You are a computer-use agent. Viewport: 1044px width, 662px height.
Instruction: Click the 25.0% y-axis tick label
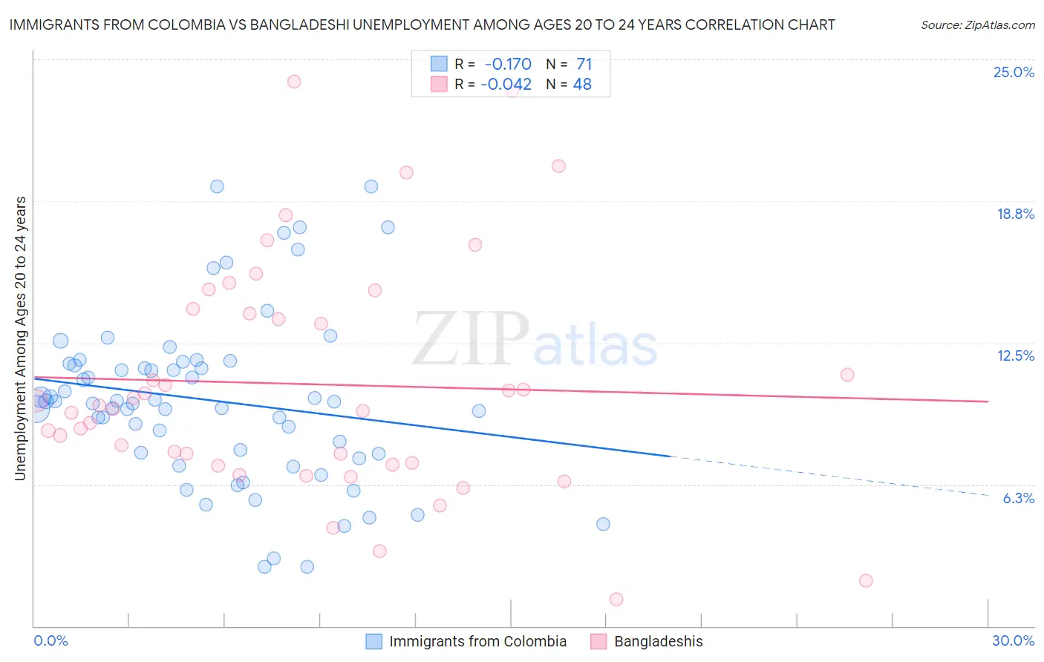coord(1014,72)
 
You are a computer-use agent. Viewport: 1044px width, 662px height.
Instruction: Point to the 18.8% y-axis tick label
coord(1015,214)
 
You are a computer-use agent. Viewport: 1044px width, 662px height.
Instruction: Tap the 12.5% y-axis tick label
coord(1015,355)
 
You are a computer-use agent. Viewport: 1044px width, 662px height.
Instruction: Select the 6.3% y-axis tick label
coord(1018,498)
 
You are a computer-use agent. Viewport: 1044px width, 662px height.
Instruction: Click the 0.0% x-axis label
coord(50,640)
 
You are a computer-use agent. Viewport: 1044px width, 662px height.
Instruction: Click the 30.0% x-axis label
coord(1013,640)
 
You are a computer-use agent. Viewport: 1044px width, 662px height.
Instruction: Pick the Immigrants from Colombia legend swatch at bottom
coord(374,641)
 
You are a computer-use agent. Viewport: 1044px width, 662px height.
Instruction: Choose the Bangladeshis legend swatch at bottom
coord(599,641)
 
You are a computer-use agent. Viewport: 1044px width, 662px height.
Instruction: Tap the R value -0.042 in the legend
coord(506,85)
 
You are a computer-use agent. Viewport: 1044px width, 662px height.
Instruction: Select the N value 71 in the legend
coord(584,65)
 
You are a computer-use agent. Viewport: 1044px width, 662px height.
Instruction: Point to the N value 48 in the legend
coord(582,85)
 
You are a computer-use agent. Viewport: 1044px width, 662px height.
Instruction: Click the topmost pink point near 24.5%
coord(294,82)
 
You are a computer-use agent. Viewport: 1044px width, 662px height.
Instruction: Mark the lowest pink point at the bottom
coord(616,599)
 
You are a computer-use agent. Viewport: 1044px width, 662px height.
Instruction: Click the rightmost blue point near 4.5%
coord(603,524)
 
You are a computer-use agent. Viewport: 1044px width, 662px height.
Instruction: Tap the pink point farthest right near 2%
coord(865,580)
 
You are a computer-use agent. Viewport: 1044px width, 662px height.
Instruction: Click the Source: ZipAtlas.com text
coord(977,25)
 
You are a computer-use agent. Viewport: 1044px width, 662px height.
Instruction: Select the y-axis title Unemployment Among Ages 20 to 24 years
coord(20,338)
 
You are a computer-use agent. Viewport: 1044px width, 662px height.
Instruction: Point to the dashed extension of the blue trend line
coord(832,475)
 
